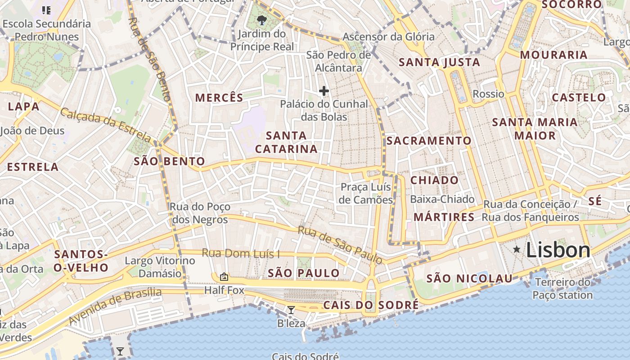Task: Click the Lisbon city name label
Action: [x=558, y=250]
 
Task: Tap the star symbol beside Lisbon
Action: [x=517, y=249]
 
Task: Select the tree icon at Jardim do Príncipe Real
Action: [x=261, y=20]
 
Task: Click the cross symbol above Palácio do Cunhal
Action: [x=324, y=91]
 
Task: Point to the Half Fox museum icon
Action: [x=224, y=277]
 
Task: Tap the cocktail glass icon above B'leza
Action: [x=291, y=310]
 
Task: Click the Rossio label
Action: [x=488, y=94]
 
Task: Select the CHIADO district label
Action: [x=434, y=180]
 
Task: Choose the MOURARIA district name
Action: [x=553, y=55]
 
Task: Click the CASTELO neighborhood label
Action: [x=579, y=98]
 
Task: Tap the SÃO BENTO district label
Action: [x=169, y=162]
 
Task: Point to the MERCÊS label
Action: [x=219, y=98]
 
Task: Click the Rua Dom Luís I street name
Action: [x=240, y=253]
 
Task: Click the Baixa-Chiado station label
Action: [x=442, y=199]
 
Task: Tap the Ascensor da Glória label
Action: [x=388, y=37]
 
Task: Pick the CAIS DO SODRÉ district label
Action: [x=371, y=305]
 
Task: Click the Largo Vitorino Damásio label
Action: [x=160, y=267]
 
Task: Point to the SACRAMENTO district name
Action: [x=429, y=141]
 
